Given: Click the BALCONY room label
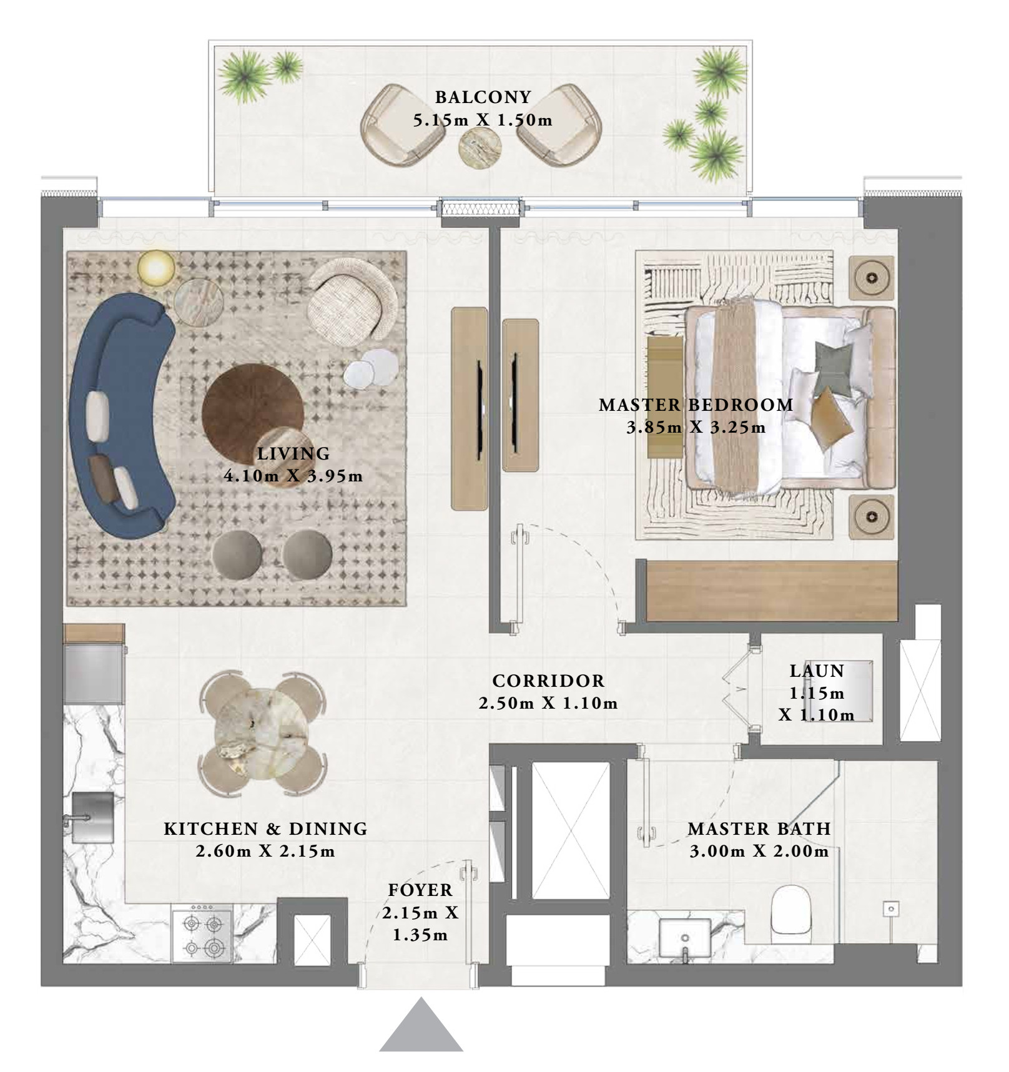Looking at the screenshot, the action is click(x=483, y=97).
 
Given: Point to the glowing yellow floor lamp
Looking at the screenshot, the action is click(x=156, y=268).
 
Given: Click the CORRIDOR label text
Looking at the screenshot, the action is click(x=548, y=681).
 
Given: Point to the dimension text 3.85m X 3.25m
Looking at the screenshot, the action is click(x=696, y=428).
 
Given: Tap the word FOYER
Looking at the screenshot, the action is click(x=420, y=890).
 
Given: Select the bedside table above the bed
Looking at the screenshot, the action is click(x=872, y=277).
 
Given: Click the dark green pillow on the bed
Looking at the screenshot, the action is click(x=833, y=368).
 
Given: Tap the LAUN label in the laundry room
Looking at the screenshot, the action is click(x=817, y=671).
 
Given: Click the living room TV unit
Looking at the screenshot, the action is click(x=470, y=409).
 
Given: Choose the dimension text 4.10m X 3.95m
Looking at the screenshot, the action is click(x=293, y=476).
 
